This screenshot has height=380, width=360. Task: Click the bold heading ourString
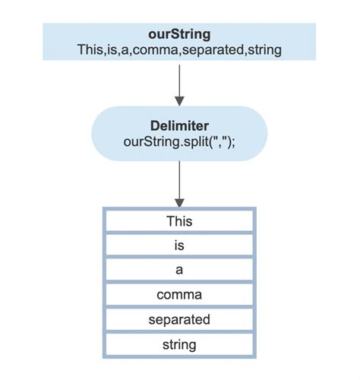click(x=180, y=34)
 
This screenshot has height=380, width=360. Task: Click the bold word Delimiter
click(x=180, y=125)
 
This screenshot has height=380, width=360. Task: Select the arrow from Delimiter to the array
click(x=180, y=182)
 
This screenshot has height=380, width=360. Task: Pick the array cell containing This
click(x=180, y=221)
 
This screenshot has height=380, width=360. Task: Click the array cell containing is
click(x=180, y=245)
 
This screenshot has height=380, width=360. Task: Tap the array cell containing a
click(x=180, y=270)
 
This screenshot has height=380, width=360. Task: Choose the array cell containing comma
click(x=180, y=295)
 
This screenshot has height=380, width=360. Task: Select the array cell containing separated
click(x=180, y=319)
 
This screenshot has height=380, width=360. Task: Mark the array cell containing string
click(x=180, y=344)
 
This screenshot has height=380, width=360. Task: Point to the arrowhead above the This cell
click(x=180, y=202)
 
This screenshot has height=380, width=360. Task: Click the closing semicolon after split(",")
click(x=235, y=141)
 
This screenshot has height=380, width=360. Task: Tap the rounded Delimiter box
click(x=114, y=133)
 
